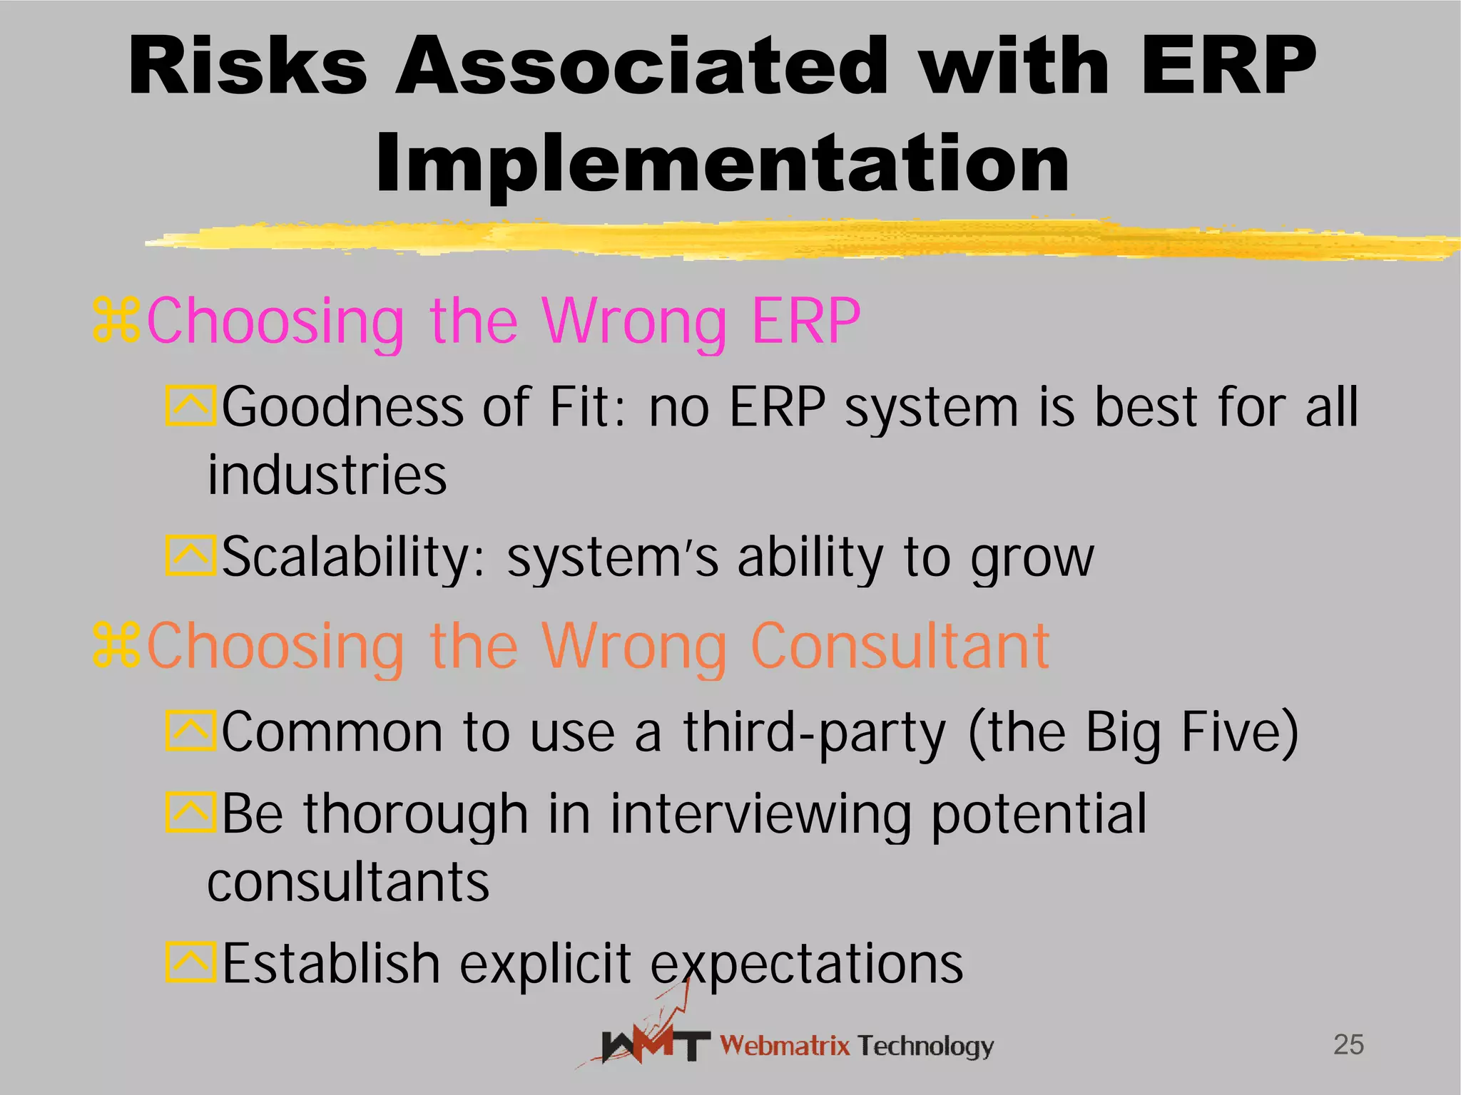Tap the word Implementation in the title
click(722, 165)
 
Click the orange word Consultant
click(900, 647)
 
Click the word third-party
click(815, 733)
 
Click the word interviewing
click(760, 814)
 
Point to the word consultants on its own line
click(348, 883)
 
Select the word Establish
click(331, 964)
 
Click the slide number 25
click(1348, 1045)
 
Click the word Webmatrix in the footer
click(785, 1046)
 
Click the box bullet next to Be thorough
click(190, 812)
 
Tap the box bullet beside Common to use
click(190, 731)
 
